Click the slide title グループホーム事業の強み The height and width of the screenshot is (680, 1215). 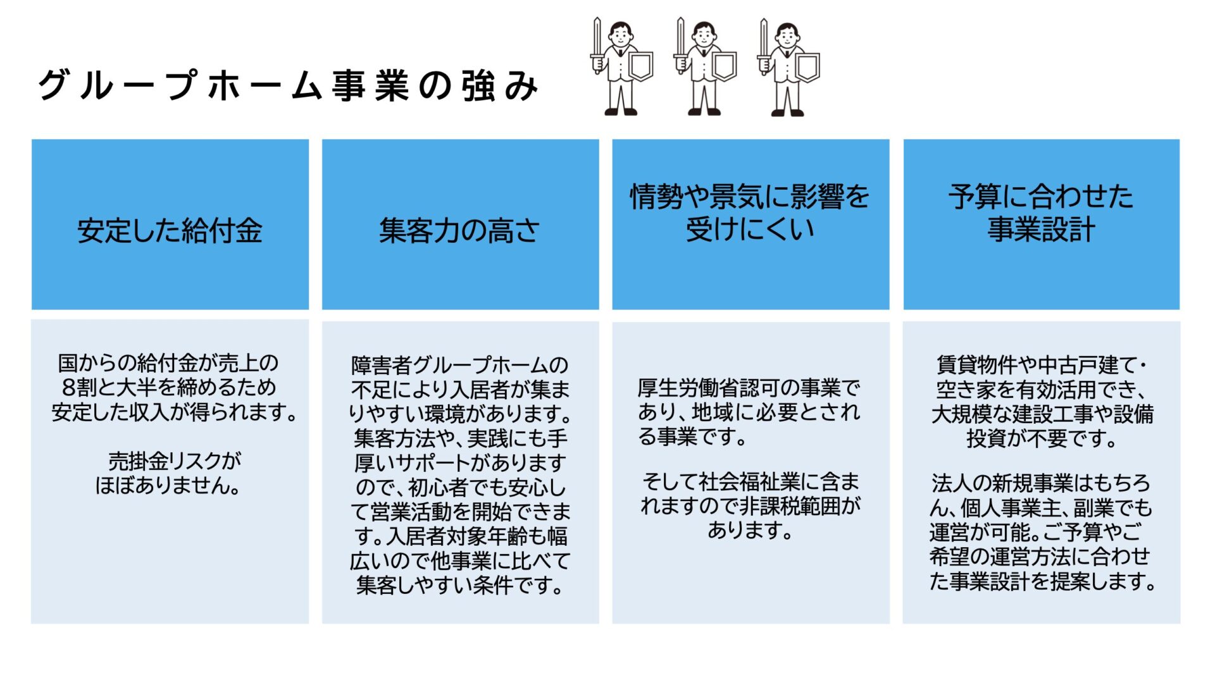click(x=288, y=86)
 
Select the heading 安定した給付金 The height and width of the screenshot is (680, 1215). click(x=170, y=231)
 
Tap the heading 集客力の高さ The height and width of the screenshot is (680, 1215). click(x=459, y=231)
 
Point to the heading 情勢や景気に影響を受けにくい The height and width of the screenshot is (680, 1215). click(x=750, y=213)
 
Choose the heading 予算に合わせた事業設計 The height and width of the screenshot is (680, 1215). click(x=1041, y=213)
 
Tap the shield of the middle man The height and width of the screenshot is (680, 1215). click(x=724, y=66)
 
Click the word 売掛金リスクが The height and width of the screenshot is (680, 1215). click(x=175, y=461)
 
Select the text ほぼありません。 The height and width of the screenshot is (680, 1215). click(x=168, y=485)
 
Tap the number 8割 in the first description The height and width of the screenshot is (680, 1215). click(x=78, y=387)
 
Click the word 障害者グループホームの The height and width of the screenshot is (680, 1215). click(x=460, y=365)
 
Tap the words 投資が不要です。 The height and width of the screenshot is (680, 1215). click(x=1042, y=438)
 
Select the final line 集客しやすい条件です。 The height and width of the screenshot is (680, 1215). click(x=460, y=585)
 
